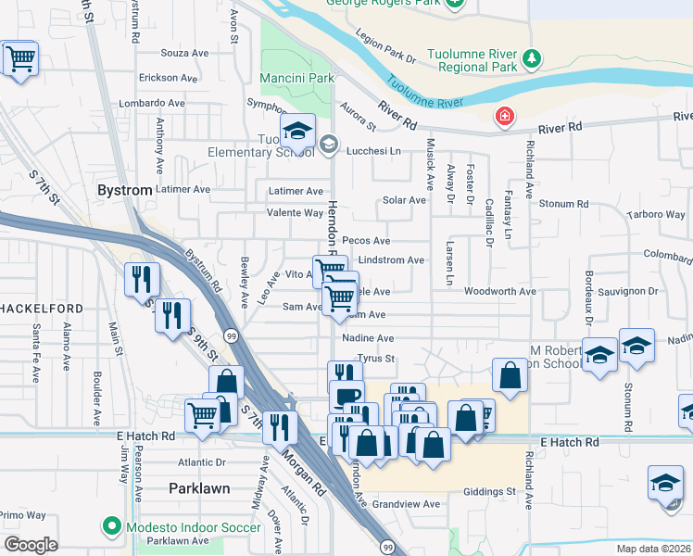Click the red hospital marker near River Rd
point(503,117)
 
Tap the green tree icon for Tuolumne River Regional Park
point(532,59)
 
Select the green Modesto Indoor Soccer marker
point(112,526)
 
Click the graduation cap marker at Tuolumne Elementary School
point(298,132)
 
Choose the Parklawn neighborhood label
point(199,486)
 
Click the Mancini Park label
point(296,79)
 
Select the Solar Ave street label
point(404,200)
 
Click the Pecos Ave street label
point(366,240)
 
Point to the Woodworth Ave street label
point(500,291)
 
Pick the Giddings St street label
point(489,491)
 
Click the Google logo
point(31,544)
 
